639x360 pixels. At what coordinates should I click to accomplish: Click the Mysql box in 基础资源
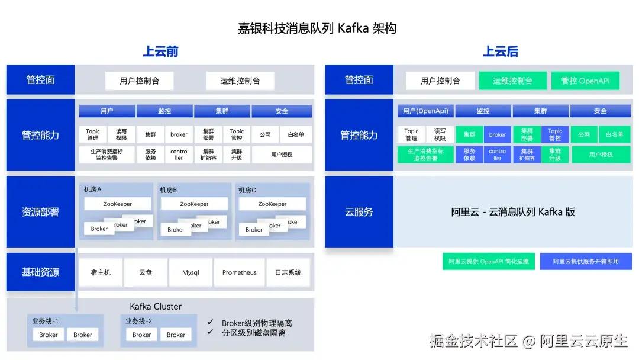click(191, 272)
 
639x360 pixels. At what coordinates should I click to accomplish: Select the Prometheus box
click(240, 272)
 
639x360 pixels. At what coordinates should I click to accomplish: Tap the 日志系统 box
click(288, 272)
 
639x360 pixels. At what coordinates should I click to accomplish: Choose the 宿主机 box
click(100, 272)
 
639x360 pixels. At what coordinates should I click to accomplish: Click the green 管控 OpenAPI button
click(585, 81)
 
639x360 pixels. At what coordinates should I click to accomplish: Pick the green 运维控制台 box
click(512, 81)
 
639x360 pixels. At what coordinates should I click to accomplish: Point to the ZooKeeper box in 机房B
click(194, 204)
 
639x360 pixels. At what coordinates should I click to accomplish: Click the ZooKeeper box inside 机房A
click(117, 204)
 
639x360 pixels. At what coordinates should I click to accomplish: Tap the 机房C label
click(247, 190)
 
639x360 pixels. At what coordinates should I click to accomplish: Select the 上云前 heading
click(160, 52)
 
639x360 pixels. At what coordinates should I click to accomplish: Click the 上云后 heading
click(501, 52)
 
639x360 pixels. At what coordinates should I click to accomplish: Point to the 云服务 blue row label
click(359, 211)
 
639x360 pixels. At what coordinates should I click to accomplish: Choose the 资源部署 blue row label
click(40, 211)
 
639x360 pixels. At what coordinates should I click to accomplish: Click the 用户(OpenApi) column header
click(425, 111)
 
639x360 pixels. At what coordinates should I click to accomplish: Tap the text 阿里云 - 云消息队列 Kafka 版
click(513, 211)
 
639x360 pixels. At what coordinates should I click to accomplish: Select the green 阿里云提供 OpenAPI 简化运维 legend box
click(488, 261)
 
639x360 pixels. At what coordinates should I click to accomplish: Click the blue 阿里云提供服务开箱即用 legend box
click(586, 261)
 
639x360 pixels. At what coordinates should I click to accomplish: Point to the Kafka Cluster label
click(156, 306)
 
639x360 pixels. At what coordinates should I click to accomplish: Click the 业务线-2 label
click(138, 321)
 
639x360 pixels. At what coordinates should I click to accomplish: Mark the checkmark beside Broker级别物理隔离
click(210, 323)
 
